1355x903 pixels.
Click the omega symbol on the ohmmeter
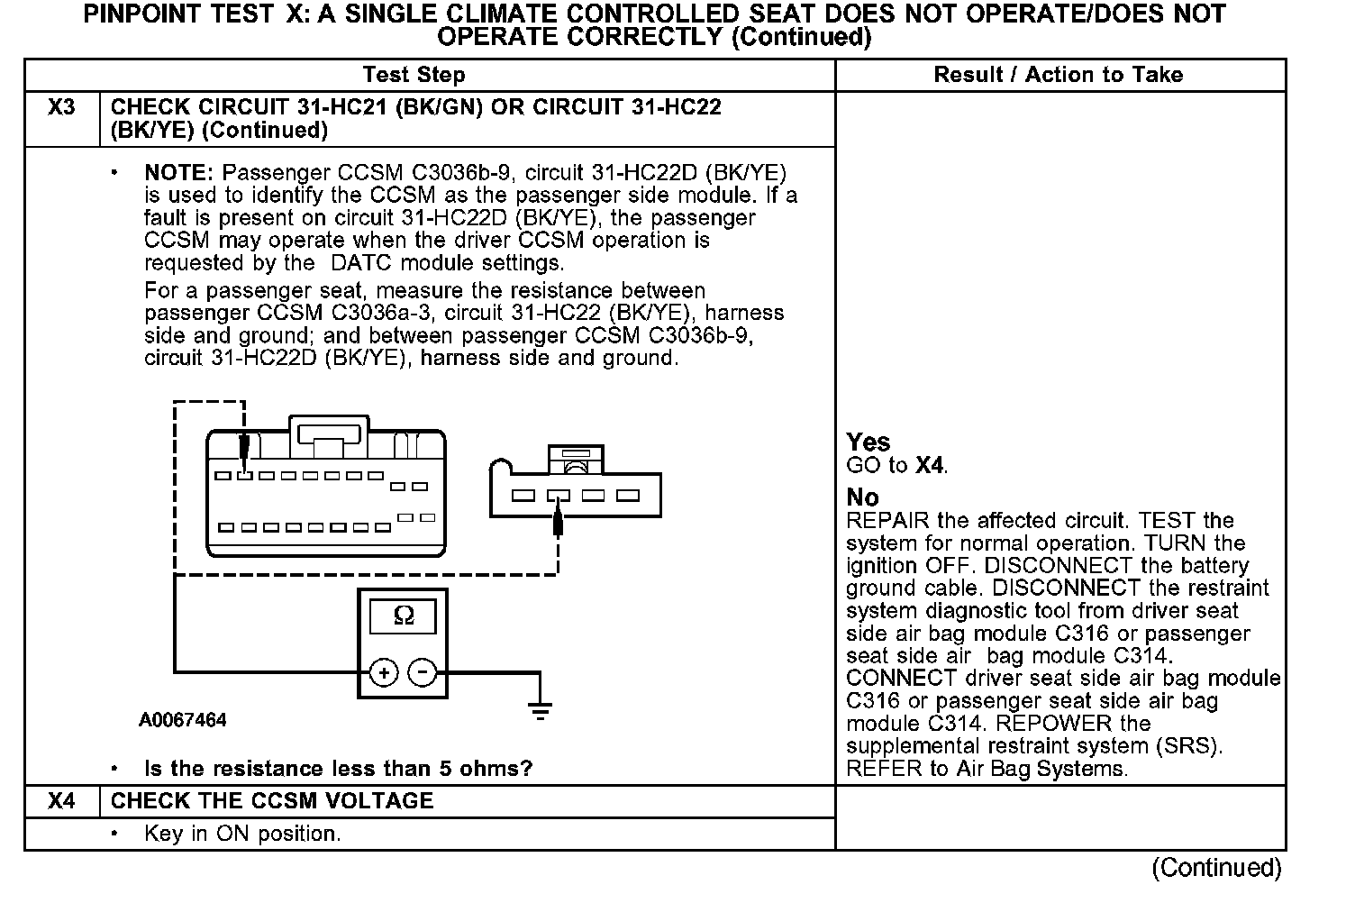click(x=404, y=616)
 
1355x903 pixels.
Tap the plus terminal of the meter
click(x=384, y=672)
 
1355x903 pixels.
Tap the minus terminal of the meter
click(x=423, y=672)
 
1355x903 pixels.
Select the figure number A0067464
click(x=182, y=720)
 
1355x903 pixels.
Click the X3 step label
click(x=61, y=107)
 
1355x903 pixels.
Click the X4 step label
click(x=61, y=801)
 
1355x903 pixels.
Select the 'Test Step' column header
click(x=414, y=75)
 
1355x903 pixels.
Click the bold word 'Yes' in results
click(x=868, y=442)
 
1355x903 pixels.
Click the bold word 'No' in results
click(x=862, y=497)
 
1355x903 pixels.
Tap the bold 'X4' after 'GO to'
click(x=931, y=466)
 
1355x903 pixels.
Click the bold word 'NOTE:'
click(x=178, y=172)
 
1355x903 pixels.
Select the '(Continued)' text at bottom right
click(x=1216, y=867)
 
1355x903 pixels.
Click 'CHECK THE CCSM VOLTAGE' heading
click(x=271, y=801)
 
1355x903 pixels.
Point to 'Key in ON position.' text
click(x=242, y=834)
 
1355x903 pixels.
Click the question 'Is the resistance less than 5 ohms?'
click(x=338, y=769)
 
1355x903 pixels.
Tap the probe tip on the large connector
click(x=243, y=449)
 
